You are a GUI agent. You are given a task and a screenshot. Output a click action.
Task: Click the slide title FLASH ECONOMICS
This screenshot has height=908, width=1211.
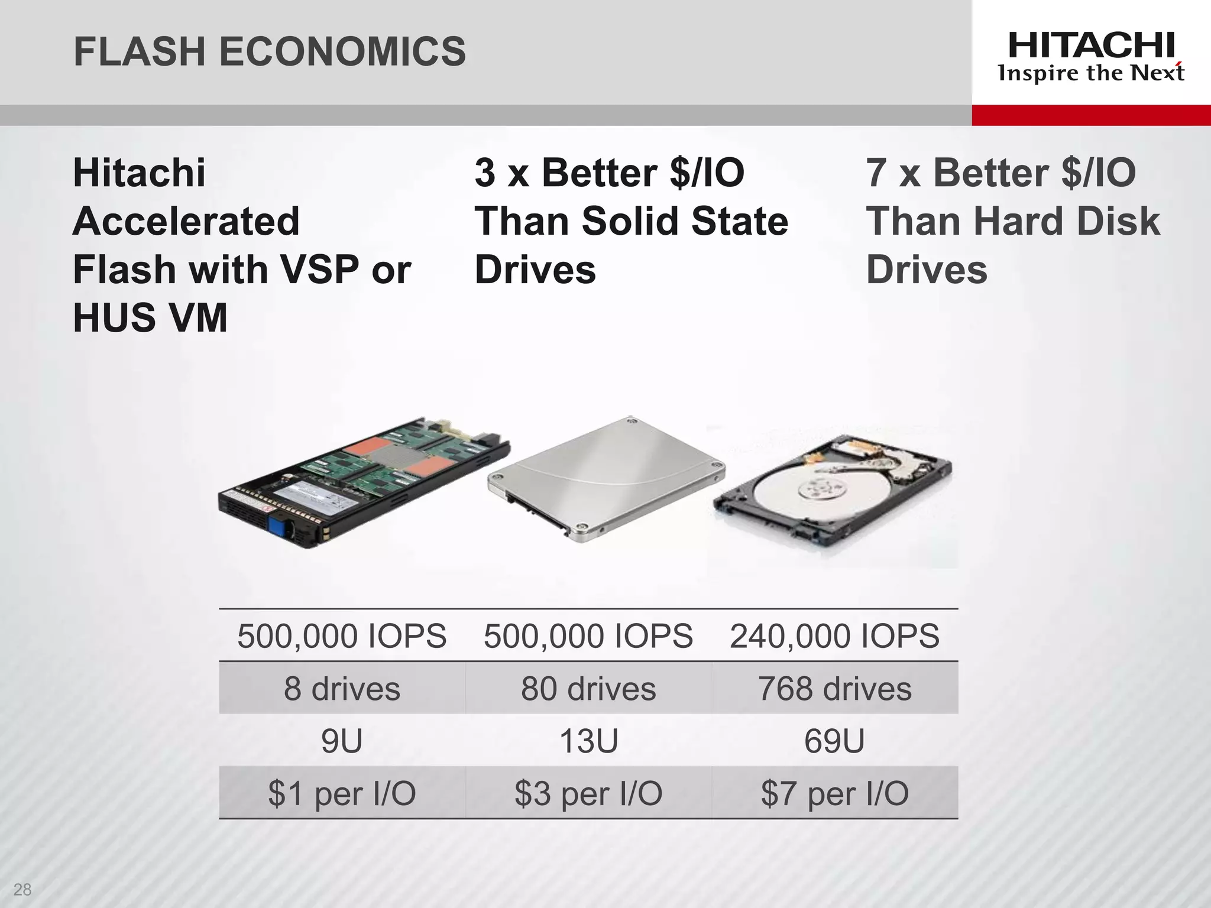[270, 51]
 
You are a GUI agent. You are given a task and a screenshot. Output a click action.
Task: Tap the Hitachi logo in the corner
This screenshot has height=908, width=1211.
[1091, 57]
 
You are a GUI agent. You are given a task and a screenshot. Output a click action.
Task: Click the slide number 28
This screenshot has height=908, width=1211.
[22, 889]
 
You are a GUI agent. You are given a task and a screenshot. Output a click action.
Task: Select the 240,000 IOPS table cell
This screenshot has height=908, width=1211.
[834, 636]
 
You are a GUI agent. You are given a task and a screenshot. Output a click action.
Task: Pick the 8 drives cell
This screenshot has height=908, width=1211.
[342, 689]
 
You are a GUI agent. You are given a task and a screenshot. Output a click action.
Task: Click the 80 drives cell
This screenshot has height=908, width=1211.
[588, 689]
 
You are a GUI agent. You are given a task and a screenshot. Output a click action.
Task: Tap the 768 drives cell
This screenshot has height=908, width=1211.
[834, 689]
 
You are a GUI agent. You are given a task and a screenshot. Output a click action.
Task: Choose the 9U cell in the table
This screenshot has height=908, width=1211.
[342, 741]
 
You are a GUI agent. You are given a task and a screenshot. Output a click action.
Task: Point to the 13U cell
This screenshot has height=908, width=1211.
[588, 741]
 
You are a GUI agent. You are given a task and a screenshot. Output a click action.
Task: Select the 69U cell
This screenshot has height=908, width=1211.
[834, 741]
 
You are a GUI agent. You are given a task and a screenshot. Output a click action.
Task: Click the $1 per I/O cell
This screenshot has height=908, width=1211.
[342, 793]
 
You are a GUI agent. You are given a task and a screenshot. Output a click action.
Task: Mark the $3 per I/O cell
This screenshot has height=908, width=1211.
[588, 793]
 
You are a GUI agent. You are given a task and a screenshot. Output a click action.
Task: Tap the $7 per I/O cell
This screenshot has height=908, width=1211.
[834, 793]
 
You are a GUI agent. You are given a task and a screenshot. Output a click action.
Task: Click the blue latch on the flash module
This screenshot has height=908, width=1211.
[277, 524]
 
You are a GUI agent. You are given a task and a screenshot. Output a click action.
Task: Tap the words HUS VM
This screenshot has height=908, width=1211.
[150, 318]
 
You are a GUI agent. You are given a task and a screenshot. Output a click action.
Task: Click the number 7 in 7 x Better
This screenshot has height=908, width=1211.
[876, 173]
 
